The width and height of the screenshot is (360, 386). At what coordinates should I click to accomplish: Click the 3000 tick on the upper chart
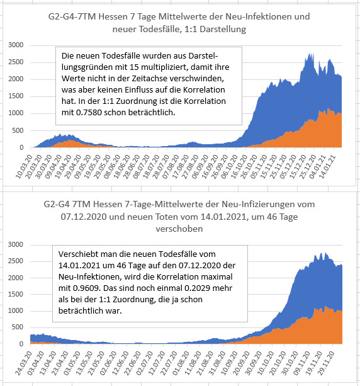[x=16, y=45]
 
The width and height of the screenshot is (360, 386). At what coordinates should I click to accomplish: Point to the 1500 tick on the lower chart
[x=16, y=294]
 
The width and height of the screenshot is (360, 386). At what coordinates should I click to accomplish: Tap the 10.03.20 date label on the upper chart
[x=24, y=166]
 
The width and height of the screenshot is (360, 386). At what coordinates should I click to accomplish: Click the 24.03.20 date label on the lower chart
[x=24, y=363]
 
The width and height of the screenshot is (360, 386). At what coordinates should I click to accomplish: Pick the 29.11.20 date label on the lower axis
[x=326, y=363]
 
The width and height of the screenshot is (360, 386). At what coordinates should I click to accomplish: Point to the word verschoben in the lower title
[x=179, y=229]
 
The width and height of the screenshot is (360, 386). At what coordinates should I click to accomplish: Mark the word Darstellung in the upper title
[x=223, y=30]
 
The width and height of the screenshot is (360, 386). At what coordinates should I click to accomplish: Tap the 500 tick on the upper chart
[x=18, y=130]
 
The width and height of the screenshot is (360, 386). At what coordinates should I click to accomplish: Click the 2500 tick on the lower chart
[x=16, y=261]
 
